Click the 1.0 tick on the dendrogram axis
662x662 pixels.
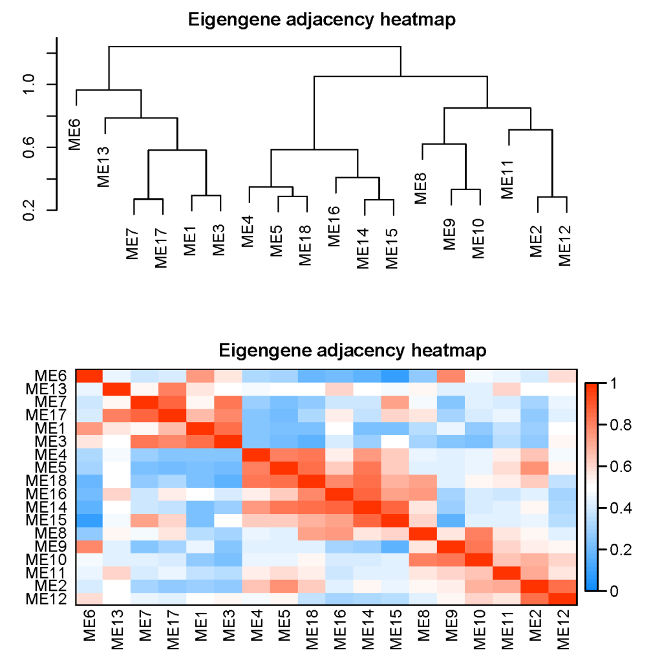[x=28, y=84]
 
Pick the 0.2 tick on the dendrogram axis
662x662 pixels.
[x=28, y=210]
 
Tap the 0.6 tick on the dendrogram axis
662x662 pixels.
[x=28, y=147]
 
